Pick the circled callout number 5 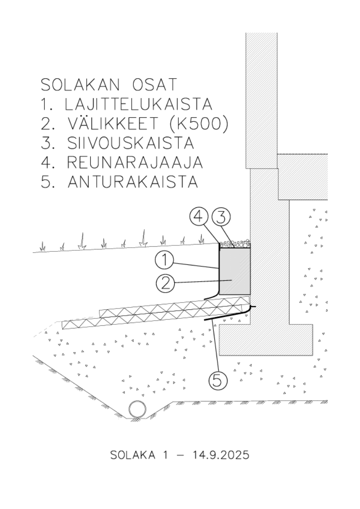click(x=217, y=379)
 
